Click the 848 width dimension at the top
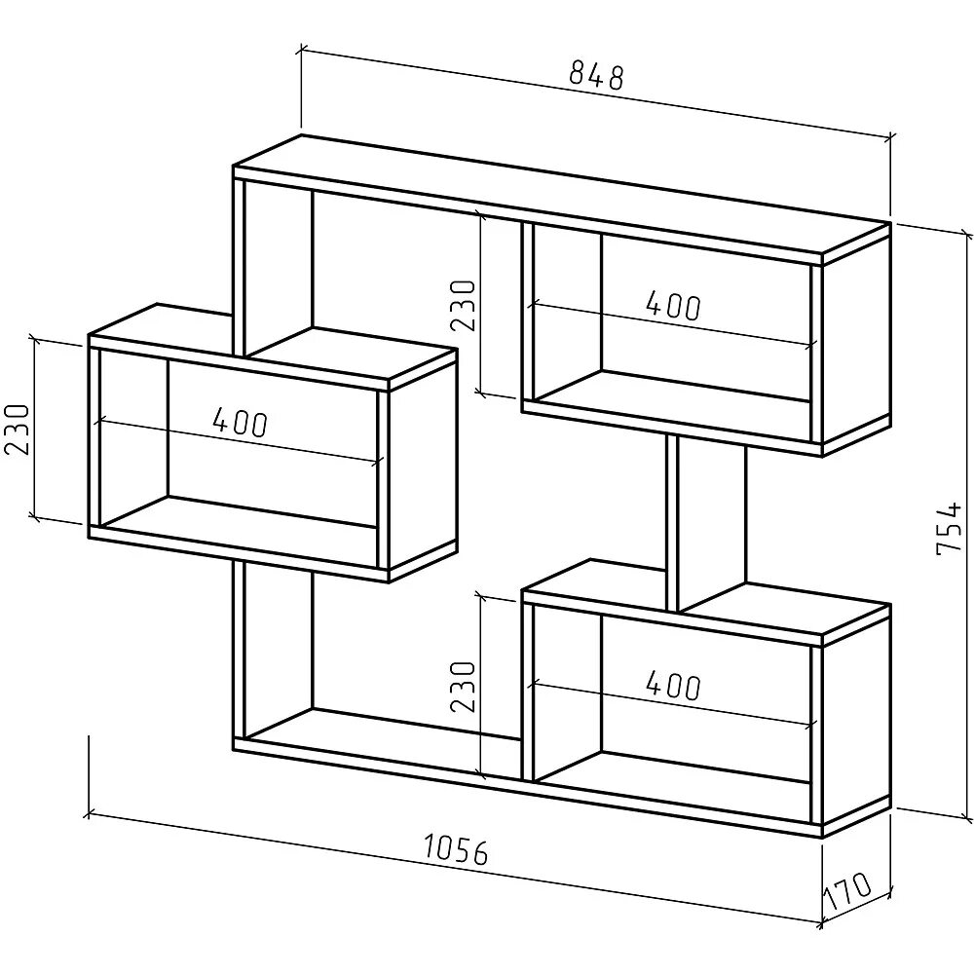(596, 74)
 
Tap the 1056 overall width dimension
(455, 851)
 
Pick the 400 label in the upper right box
(672, 306)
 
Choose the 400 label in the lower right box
(672, 685)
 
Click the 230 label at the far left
(19, 429)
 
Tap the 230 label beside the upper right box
(465, 306)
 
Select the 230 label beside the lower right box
(465, 687)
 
